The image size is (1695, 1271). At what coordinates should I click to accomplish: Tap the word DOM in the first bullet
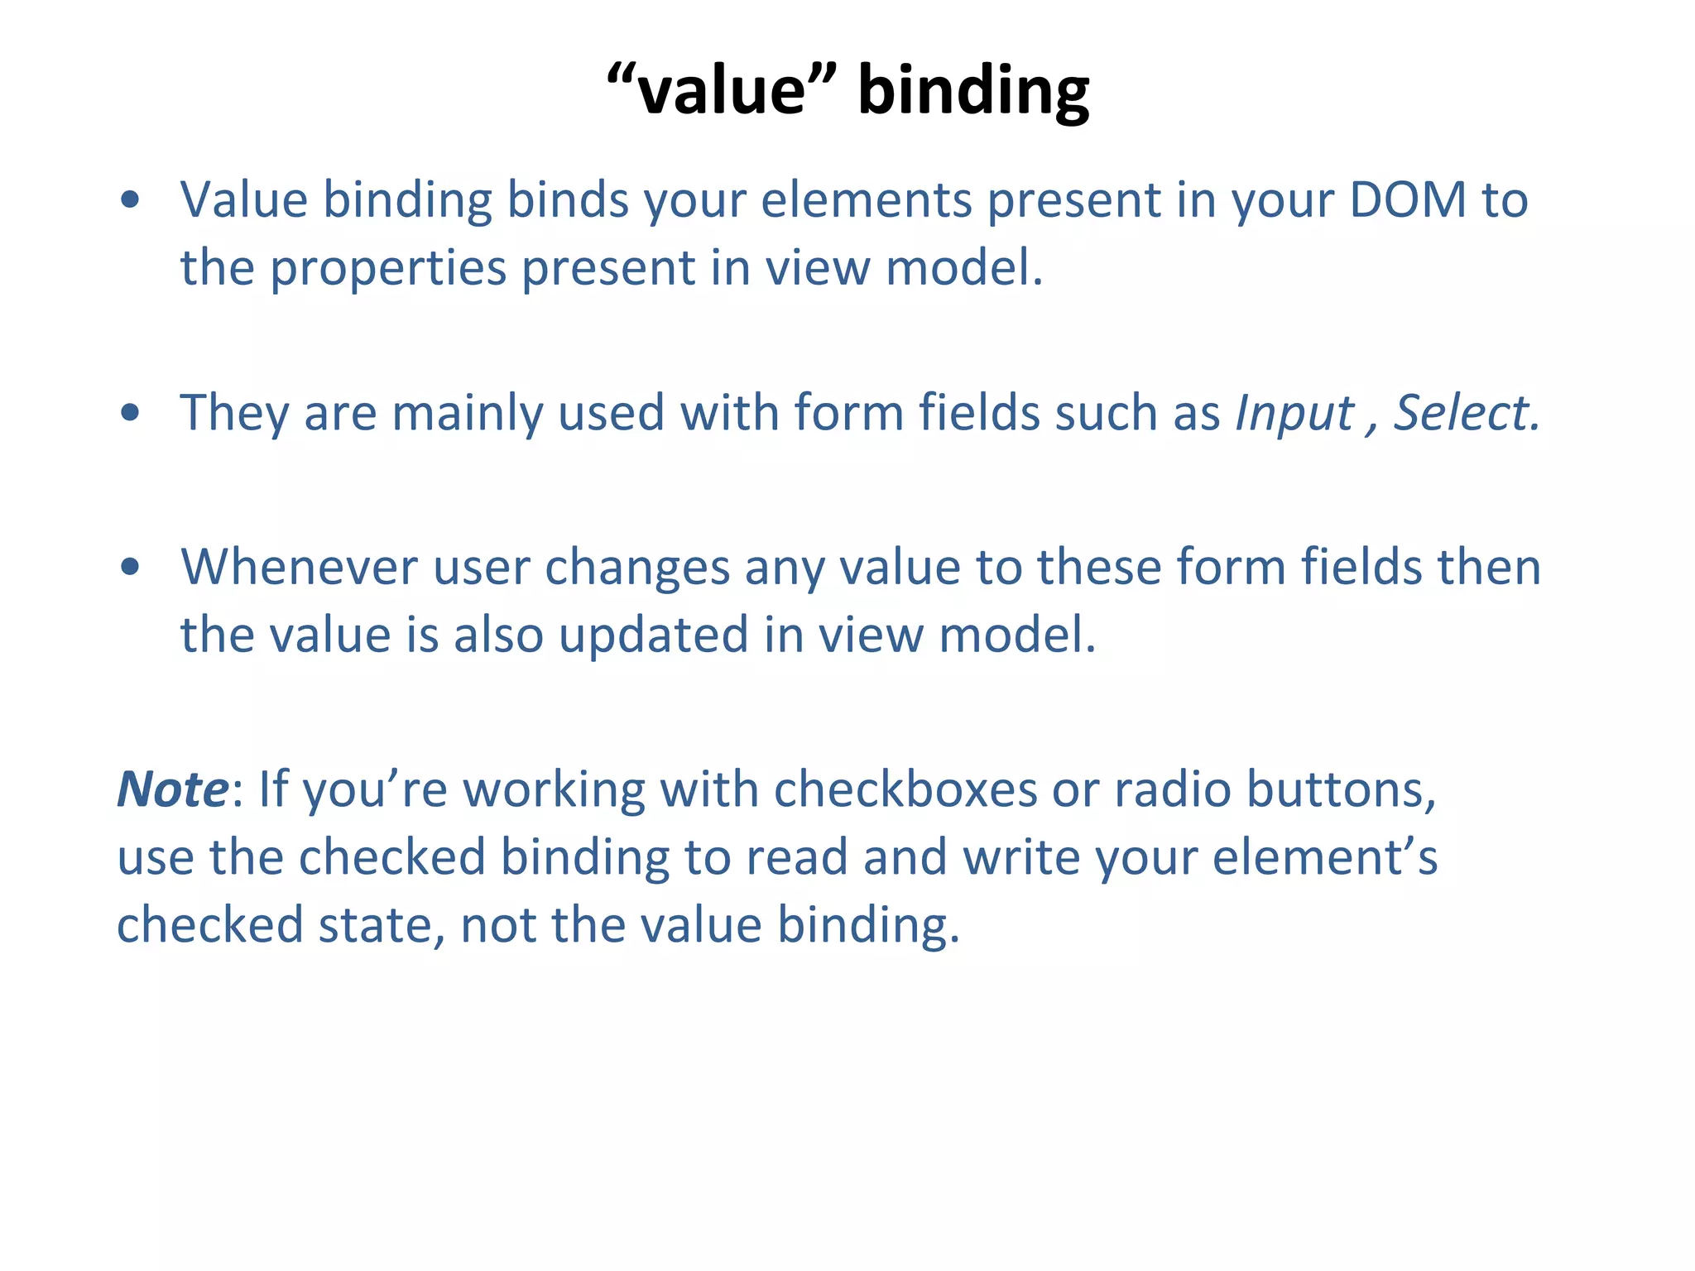1407,200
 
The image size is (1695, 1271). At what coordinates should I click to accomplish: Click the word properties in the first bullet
389,270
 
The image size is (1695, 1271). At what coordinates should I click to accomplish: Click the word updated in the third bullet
654,635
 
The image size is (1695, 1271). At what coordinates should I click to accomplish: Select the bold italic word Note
172,789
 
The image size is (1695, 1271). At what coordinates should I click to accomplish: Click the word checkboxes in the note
905,789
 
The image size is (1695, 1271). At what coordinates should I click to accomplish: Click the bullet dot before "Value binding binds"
130,199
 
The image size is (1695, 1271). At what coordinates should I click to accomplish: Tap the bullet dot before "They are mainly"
130,413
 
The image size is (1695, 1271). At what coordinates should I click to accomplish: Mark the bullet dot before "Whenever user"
130,567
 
